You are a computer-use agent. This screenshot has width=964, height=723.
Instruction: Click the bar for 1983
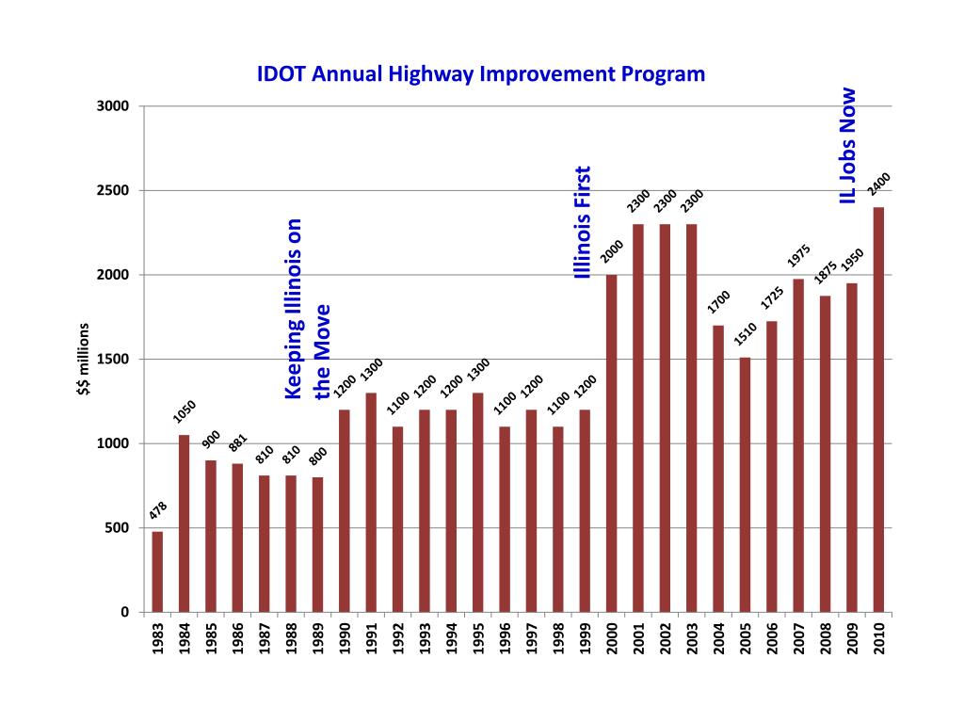pos(157,571)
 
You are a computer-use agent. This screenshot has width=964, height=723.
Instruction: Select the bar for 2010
pos(878,410)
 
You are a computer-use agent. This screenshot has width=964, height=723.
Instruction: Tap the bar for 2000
pos(611,443)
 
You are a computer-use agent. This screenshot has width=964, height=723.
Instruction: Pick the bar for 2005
pos(745,485)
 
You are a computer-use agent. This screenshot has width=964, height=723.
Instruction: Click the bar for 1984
pos(184,523)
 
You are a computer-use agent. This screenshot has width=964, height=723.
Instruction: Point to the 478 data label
pos(158,511)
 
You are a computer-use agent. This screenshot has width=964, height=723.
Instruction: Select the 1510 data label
pos(746,332)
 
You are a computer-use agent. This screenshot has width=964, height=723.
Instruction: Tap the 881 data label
pos(237,442)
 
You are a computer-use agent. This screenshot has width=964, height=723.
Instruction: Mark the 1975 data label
pos(799,255)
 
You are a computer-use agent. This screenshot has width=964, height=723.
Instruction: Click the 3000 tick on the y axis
pos(113,106)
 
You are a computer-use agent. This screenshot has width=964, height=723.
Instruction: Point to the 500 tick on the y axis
pos(117,528)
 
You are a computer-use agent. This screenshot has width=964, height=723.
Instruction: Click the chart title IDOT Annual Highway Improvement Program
pos(481,74)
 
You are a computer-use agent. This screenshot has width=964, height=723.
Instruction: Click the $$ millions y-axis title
pos(83,360)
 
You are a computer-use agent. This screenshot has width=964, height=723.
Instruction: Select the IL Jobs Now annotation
pos(848,146)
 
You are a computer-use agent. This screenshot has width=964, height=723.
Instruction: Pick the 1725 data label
pos(772,297)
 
